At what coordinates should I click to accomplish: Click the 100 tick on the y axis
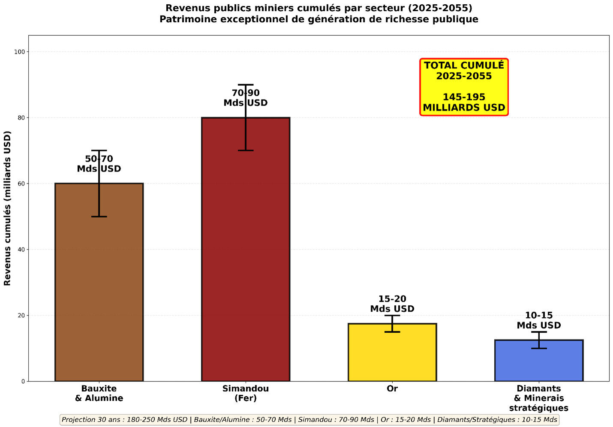coord(20,52)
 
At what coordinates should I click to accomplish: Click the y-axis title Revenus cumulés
coord(7,208)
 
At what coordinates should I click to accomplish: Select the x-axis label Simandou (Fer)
coord(246,393)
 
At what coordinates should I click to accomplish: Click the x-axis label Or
coord(392,388)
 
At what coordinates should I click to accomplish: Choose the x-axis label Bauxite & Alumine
coord(99,393)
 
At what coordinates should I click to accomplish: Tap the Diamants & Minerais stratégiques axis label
coord(539,398)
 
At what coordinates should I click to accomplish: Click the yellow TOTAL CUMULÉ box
coord(464,87)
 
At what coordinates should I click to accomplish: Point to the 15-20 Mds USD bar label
coord(392,304)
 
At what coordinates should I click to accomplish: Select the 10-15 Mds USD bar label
coord(539,320)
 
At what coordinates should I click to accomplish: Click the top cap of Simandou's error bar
coord(246,85)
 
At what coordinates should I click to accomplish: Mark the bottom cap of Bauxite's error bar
coord(99,217)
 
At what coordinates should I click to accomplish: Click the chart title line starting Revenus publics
coord(319,8)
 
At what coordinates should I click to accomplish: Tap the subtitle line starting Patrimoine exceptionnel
coord(319,19)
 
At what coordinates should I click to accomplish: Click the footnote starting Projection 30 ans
coord(310,420)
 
